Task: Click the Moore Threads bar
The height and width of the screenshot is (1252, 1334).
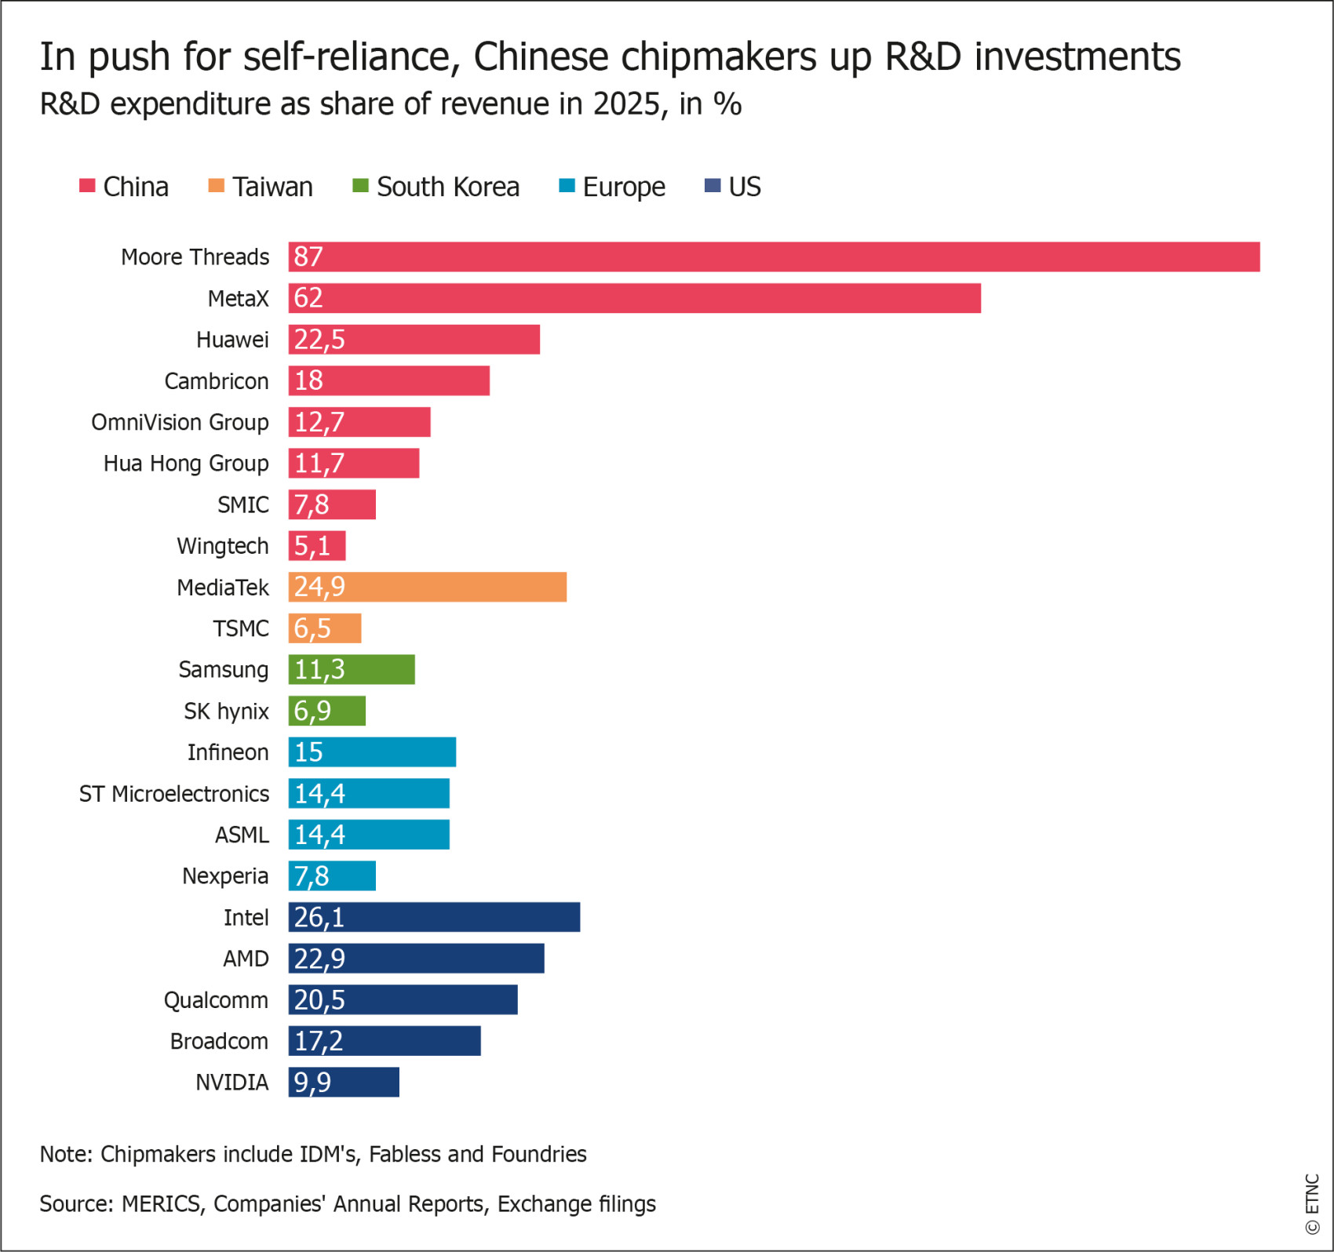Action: (x=774, y=257)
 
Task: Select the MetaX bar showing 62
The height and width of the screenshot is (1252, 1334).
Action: (x=634, y=298)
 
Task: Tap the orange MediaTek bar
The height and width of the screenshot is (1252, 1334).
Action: (x=427, y=587)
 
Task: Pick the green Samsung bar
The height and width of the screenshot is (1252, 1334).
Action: (x=352, y=669)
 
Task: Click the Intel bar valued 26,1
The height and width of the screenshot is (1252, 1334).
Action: (x=434, y=917)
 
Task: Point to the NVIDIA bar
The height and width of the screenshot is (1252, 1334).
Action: (x=344, y=1082)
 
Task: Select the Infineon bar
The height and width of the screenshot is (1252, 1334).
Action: (x=372, y=752)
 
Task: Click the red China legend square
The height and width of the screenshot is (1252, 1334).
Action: (x=87, y=186)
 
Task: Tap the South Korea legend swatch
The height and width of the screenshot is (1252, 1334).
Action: (x=361, y=186)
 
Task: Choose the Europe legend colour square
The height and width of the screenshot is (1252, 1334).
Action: (x=567, y=186)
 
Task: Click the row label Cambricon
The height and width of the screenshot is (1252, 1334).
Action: (x=217, y=381)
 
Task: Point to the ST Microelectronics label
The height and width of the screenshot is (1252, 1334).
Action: (x=174, y=794)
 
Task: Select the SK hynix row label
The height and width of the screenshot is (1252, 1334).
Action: (x=227, y=712)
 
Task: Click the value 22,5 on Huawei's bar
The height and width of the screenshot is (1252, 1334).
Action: (x=319, y=340)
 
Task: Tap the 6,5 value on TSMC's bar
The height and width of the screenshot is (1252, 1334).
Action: (x=312, y=628)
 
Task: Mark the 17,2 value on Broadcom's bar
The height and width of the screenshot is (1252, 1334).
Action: (x=319, y=1041)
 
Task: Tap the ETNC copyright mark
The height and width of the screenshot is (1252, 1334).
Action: (x=1312, y=1204)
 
